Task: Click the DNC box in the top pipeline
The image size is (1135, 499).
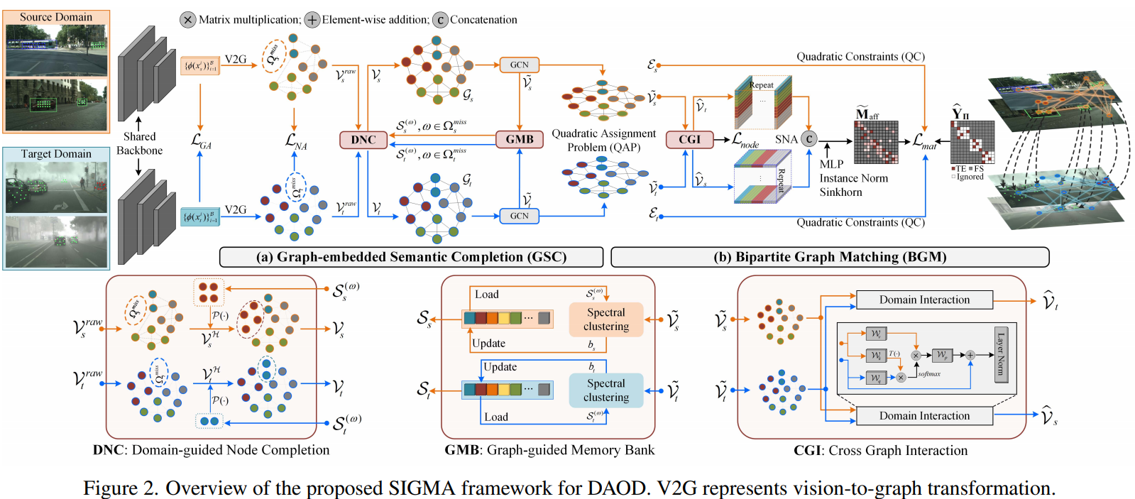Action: pyautogui.click(x=363, y=139)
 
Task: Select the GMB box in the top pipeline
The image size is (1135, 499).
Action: pyautogui.click(x=520, y=139)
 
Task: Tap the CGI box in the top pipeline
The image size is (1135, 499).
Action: pyautogui.click(x=689, y=139)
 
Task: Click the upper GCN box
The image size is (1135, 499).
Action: pyautogui.click(x=519, y=65)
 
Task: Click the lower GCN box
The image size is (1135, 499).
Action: pyautogui.click(x=519, y=216)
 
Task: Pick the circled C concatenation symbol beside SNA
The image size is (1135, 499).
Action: pyautogui.click(x=809, y=139)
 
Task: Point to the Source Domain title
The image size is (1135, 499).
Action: pyautogui.click(x=56, y=17)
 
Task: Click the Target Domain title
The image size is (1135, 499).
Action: pyautogui.click(x=56, y=154)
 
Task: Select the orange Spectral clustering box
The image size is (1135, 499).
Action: pyautogui.click(x=606, y=319)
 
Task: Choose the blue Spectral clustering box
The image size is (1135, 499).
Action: pyautogui.click(x=606, y=390)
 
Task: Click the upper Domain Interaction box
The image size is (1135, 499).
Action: pyautogui.click(x=924, y=300)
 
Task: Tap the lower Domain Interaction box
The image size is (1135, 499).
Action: pyautogui.click(x=924, y=416)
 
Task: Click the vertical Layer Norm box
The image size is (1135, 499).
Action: pyautogui.click(x=1001, y=354)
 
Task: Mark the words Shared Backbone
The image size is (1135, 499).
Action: pyautogui.click(x=139, y=143)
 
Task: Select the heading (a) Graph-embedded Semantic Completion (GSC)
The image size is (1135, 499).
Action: pyautogui.click(x=411, y=257)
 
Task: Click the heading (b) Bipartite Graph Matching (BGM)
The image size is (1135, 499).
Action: pyautogui.click(x=830, y=257)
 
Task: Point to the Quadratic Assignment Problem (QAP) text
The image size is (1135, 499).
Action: pyautogui.click(x=603, y=141)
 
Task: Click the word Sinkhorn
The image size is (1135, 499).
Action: pyautogui.click(x=841, y=192)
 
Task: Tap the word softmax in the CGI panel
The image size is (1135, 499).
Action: pyautogui.click(x=929, y=374)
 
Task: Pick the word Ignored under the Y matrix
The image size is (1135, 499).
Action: pyautogui.click(x=970, y=177)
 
